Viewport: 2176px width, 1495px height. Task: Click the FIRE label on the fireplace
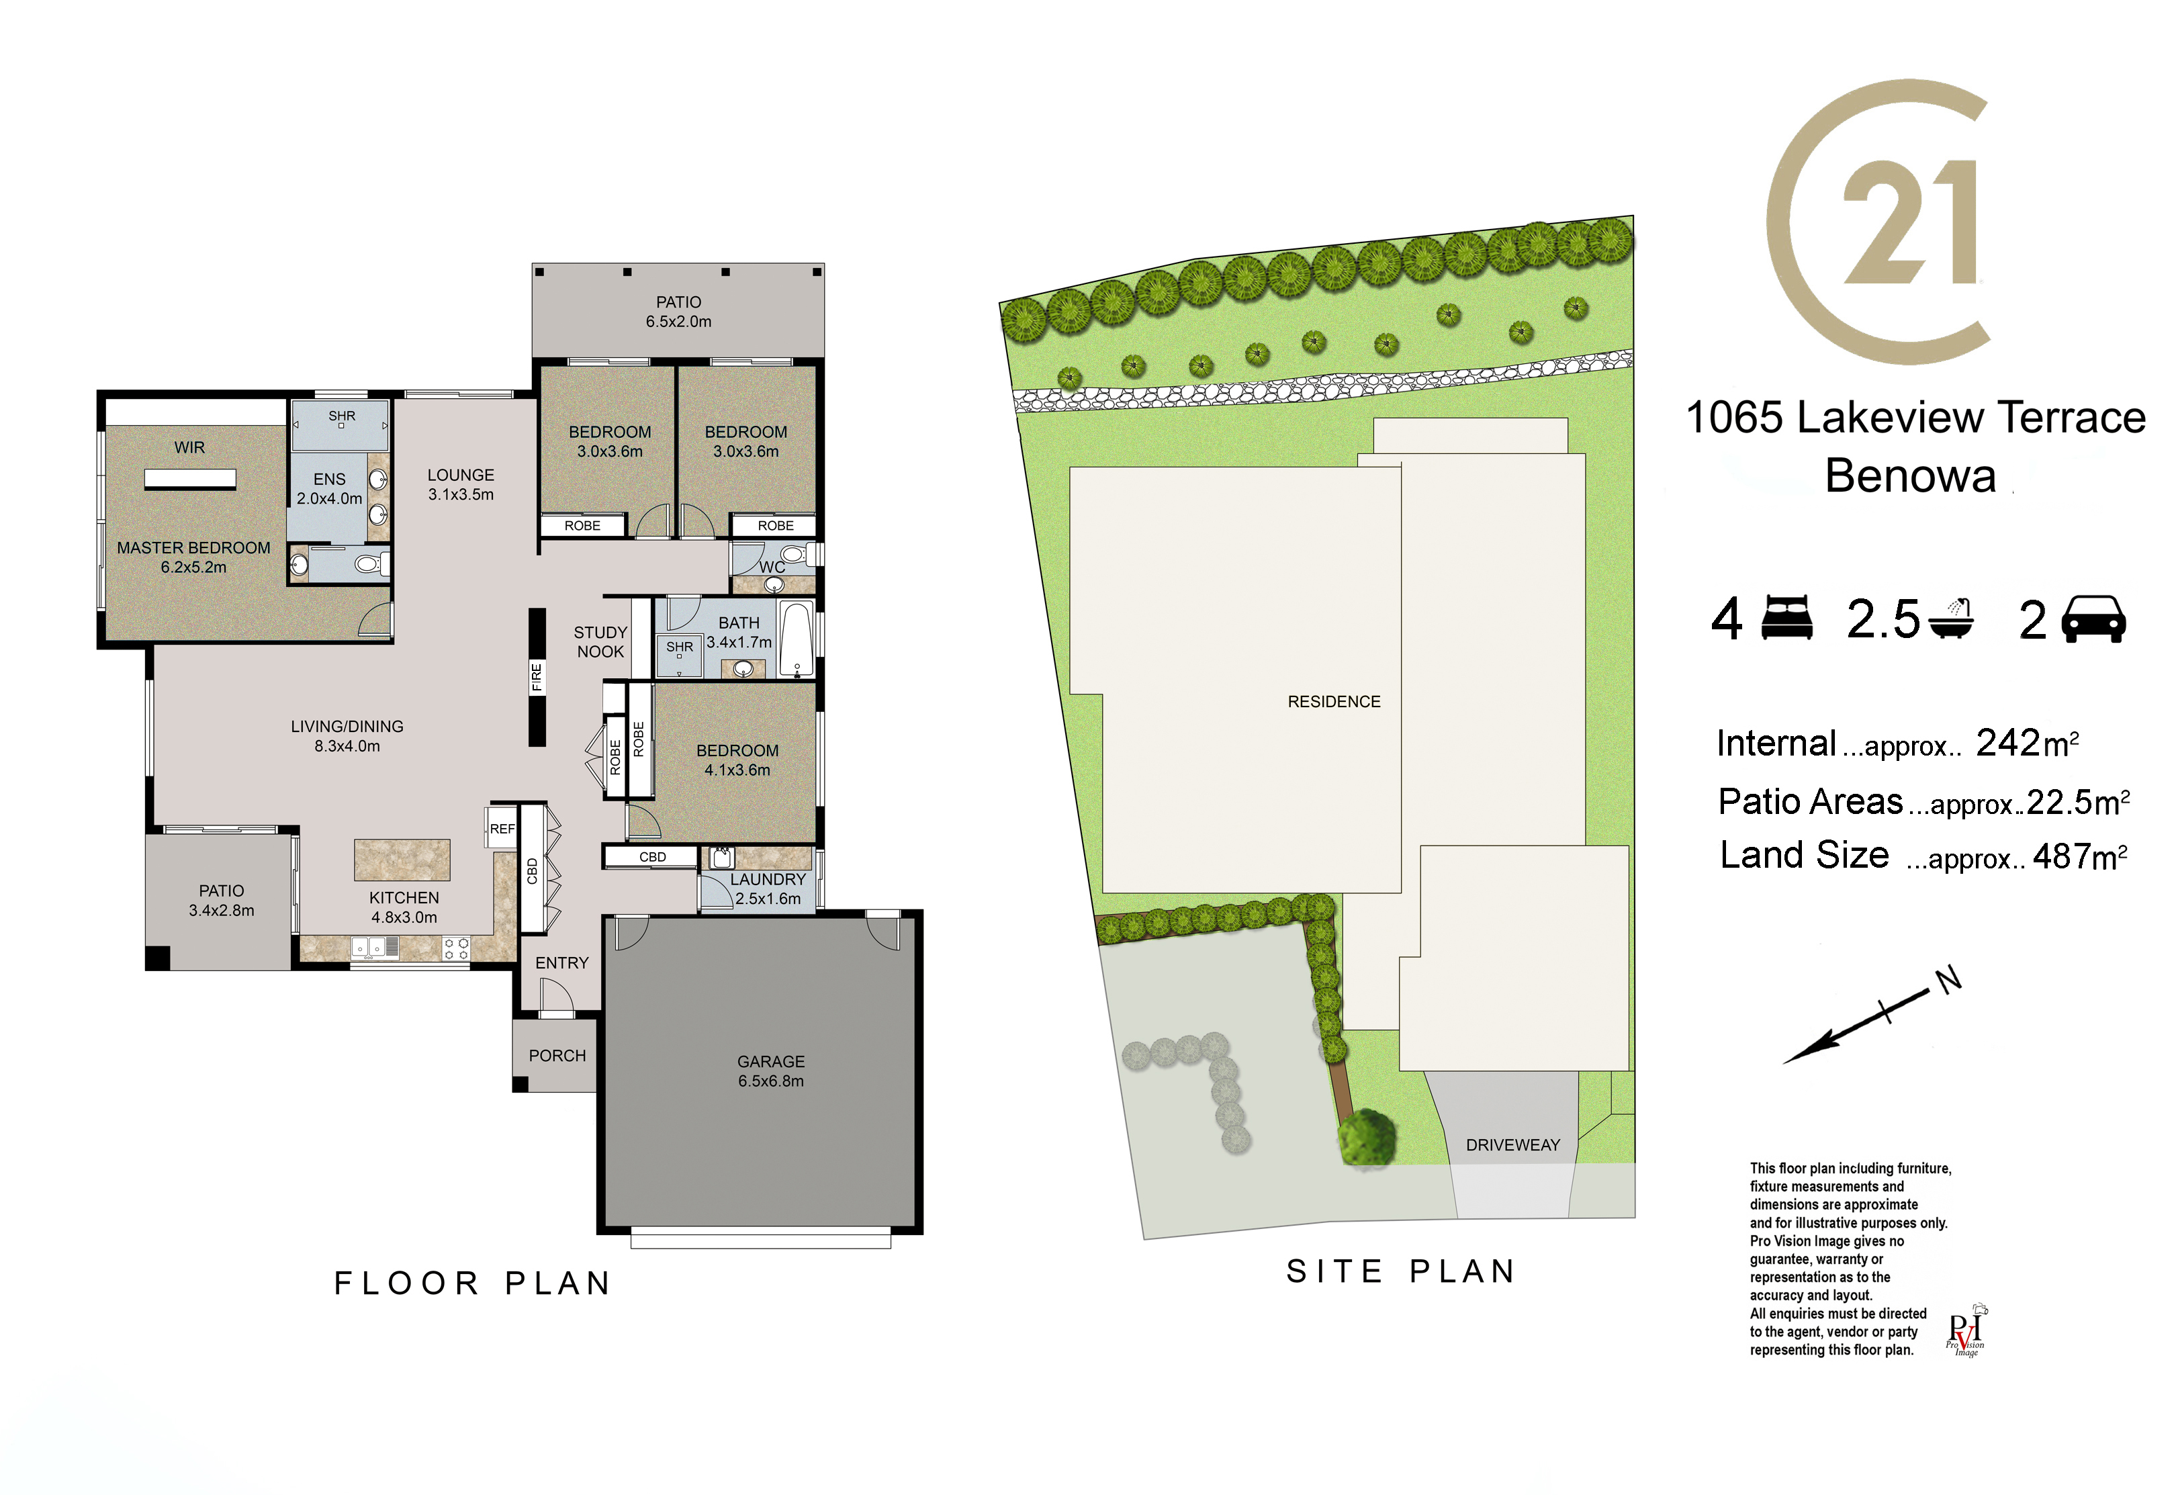537,676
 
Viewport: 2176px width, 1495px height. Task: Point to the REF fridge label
502,829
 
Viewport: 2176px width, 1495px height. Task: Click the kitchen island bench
402,860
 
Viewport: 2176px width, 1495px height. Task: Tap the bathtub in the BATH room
797,640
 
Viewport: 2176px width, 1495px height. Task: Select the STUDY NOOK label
600,641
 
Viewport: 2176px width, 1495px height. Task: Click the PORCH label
557,1056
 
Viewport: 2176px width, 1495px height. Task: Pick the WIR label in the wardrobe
189,448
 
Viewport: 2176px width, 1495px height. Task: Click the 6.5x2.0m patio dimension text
678,321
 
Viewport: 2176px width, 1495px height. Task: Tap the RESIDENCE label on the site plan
1334,702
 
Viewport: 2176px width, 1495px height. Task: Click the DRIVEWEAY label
1513,1144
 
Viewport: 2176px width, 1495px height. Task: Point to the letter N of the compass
1948,980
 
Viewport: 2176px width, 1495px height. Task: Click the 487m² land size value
2079,856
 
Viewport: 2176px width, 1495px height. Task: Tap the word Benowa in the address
1911,476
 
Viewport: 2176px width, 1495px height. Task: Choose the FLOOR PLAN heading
473,1283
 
